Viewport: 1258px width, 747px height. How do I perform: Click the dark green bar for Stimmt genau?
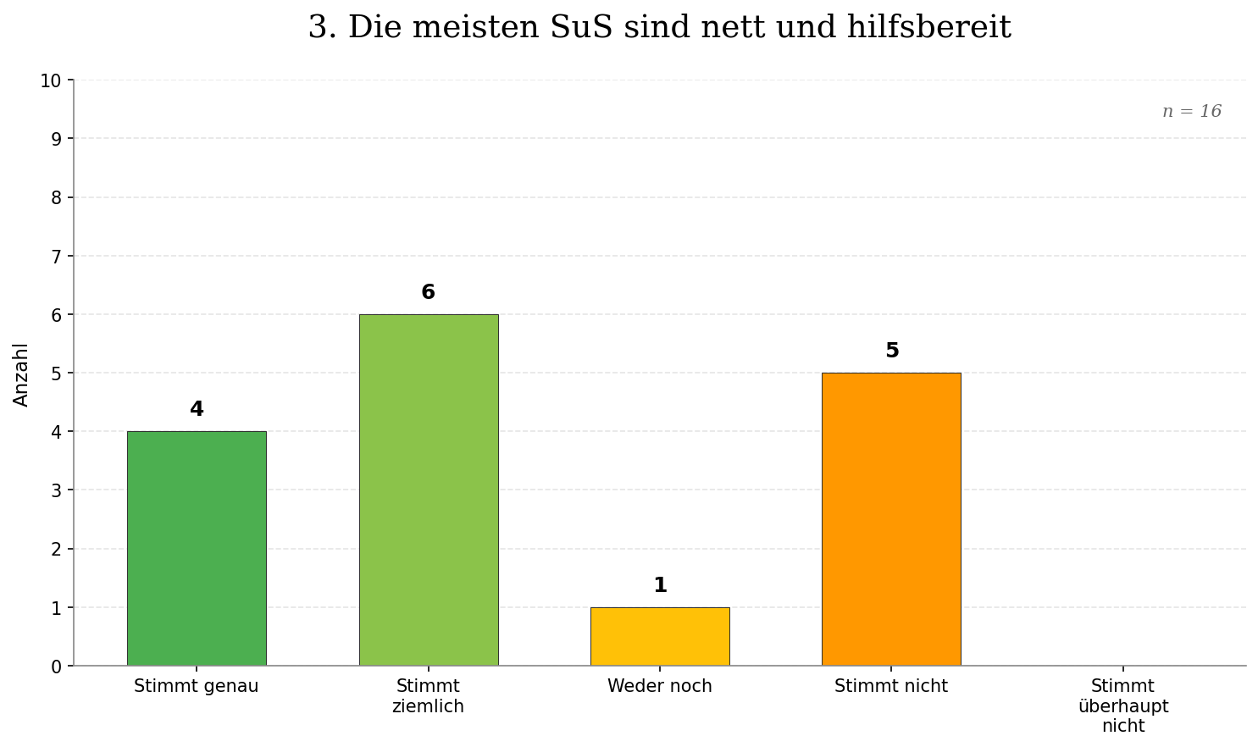point(197,548)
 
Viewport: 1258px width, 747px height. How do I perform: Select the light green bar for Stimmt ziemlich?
point(428,490)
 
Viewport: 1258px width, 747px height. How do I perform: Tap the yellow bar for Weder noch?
point(659,636)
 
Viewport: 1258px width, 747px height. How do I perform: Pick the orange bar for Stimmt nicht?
point(891,519)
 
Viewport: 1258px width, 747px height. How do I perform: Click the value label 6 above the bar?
point(428,293)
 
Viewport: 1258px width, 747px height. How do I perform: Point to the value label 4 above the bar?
point(197,410)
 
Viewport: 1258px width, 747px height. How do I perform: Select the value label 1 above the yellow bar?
point(660,586)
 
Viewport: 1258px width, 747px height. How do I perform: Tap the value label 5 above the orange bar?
point(891,351)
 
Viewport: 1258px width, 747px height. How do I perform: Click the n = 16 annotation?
point(1191,112)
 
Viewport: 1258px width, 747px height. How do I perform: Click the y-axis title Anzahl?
point(21,374)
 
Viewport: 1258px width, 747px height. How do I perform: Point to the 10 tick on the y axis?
point(51,81)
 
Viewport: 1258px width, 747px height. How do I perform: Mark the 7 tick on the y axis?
point(56,257)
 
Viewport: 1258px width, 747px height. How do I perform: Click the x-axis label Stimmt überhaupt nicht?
point(1122,706)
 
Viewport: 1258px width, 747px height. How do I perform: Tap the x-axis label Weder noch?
point(659,687)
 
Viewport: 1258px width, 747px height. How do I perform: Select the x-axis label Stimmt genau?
point(197,687)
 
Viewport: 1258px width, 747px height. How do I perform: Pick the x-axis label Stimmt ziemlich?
point(428,696)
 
